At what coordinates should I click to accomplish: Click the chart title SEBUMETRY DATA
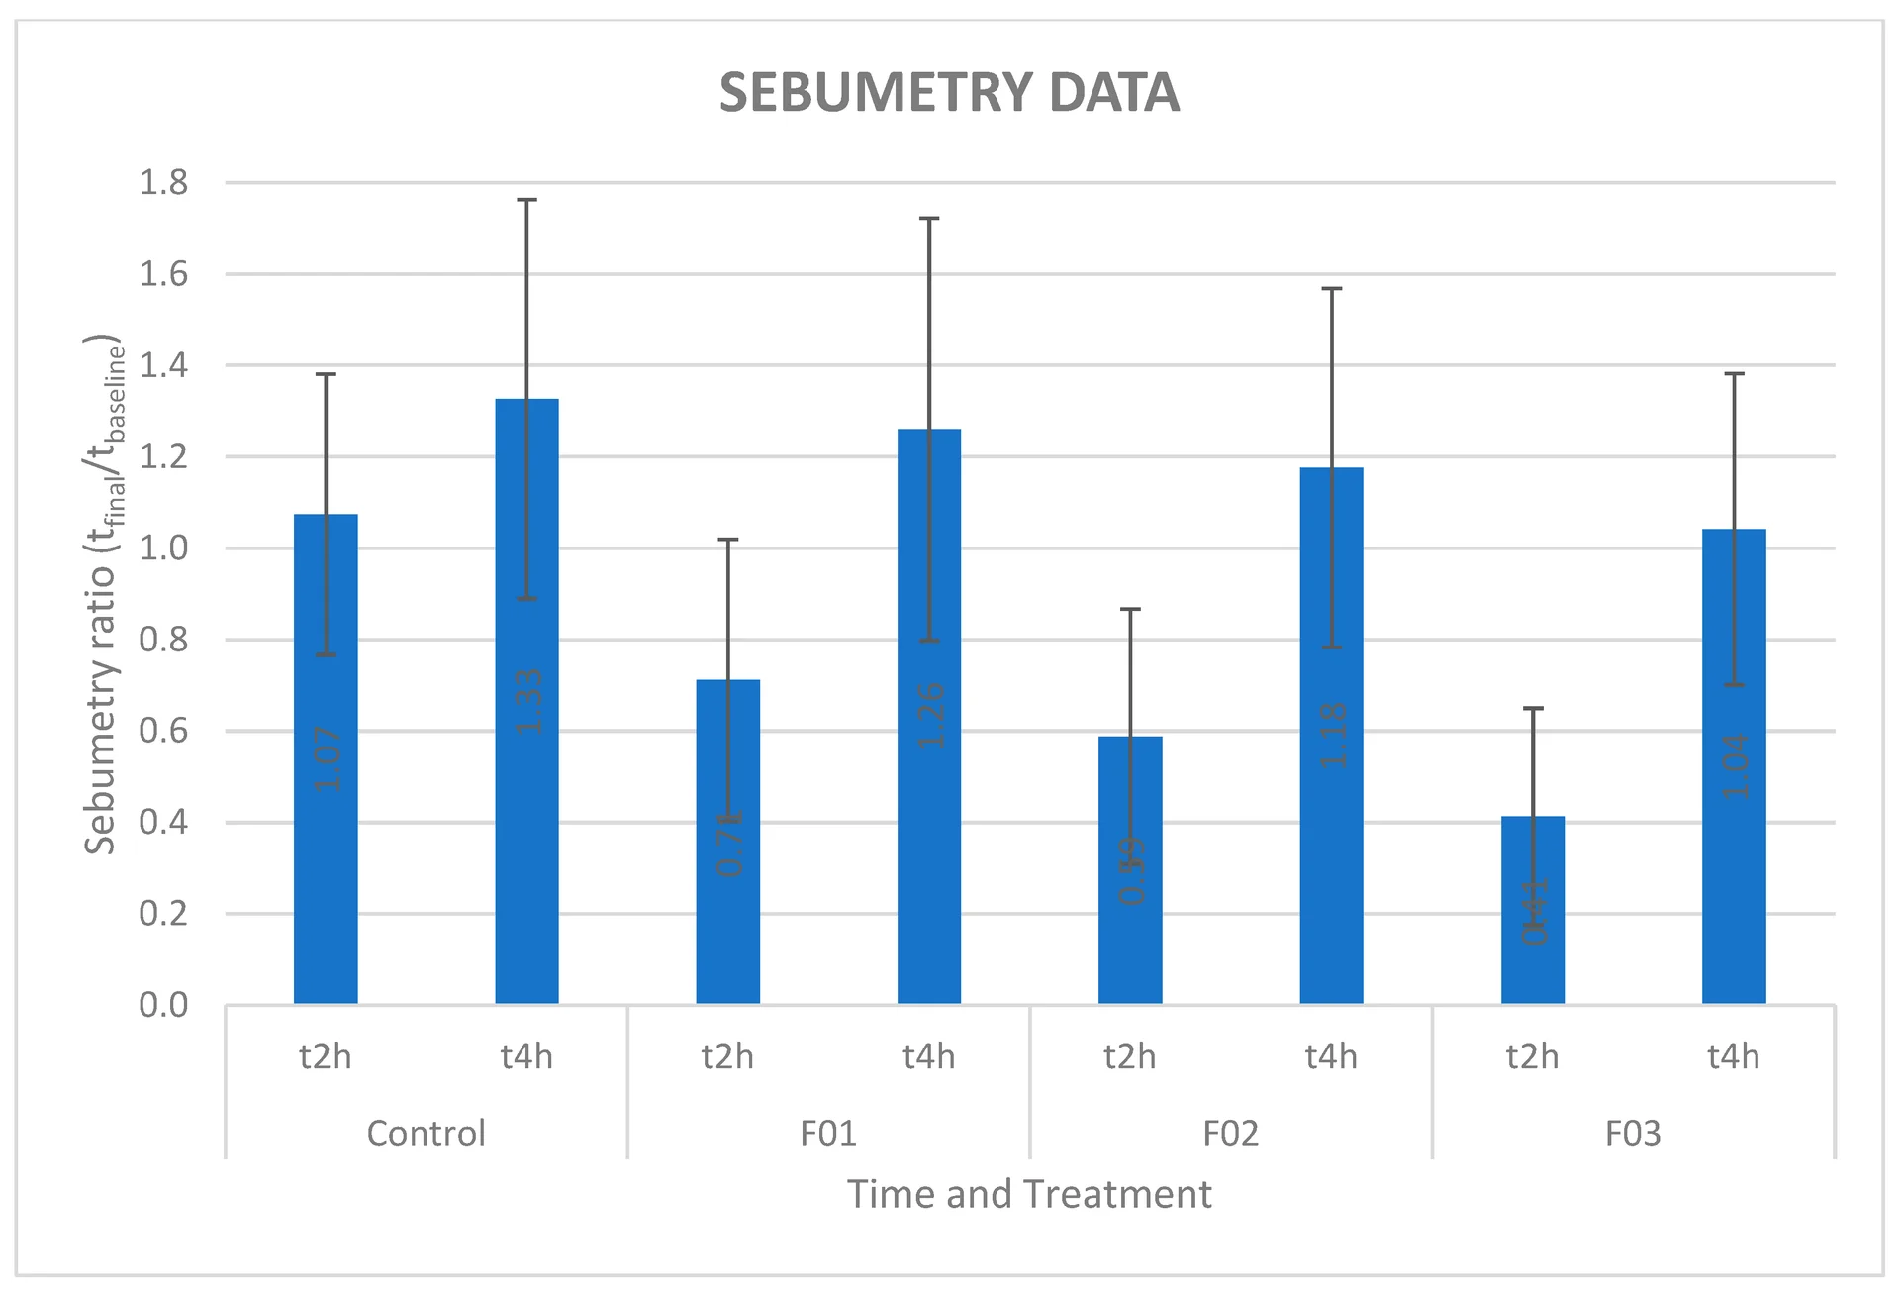949,93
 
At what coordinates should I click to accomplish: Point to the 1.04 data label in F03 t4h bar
1735,766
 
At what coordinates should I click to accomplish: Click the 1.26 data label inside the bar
930,716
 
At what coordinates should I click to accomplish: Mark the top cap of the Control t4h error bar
526,200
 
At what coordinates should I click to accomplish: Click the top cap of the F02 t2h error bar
1130,609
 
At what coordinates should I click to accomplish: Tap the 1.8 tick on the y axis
163,183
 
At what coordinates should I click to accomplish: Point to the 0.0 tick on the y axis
163,1005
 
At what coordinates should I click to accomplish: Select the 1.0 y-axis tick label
163,549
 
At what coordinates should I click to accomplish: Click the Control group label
426,1133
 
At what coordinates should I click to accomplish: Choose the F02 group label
1230,1133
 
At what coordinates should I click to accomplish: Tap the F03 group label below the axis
1633,1133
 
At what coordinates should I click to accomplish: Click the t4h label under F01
928,1057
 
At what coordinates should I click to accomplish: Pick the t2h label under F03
1532,1057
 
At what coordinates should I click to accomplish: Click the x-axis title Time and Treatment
1029,1194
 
